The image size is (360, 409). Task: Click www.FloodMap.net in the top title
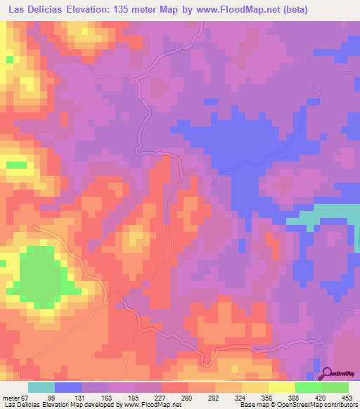[x=256, y=9]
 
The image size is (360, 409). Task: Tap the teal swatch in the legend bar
[x=41, y=387]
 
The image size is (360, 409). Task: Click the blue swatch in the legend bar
[x=68, y=387]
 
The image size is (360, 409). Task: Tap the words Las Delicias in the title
[x=34, y=9]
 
